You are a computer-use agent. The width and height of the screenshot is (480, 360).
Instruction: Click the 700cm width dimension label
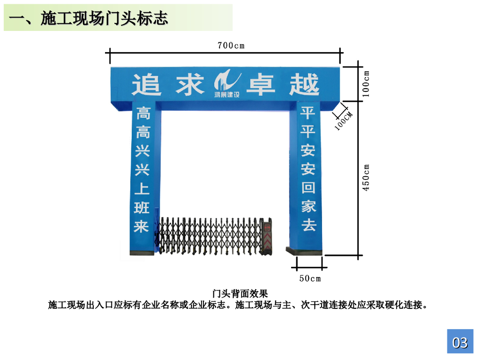click(x=231, y=45)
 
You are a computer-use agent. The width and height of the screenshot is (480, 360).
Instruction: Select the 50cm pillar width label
click(x=310, y=278)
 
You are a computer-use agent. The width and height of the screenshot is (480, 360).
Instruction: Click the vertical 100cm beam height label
click(x=367, y=83)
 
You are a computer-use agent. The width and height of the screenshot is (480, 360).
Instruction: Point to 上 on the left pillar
click(x=142, y=189)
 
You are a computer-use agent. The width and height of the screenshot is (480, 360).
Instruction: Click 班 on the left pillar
click(x=142, y=208)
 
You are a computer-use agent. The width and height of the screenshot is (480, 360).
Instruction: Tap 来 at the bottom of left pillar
click(x=142, y=226)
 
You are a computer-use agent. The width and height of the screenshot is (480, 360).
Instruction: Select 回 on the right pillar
click(x=308, y=188)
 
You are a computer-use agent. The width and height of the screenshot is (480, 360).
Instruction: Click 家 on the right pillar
click(x=308, y=206)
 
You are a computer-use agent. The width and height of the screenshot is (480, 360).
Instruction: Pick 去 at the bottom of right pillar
click(x=308, y=225)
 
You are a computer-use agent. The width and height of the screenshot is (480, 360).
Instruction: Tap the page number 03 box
click(x=460, y=343)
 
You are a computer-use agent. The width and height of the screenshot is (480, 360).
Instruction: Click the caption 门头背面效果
click(x=240, y=294)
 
